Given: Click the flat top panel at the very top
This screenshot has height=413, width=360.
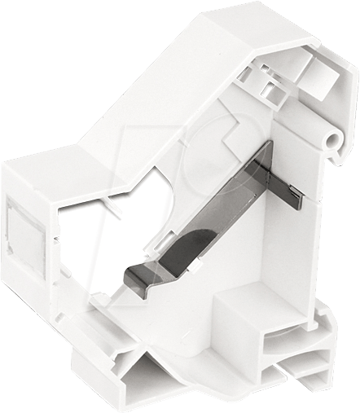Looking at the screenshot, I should (x=244, y=24).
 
